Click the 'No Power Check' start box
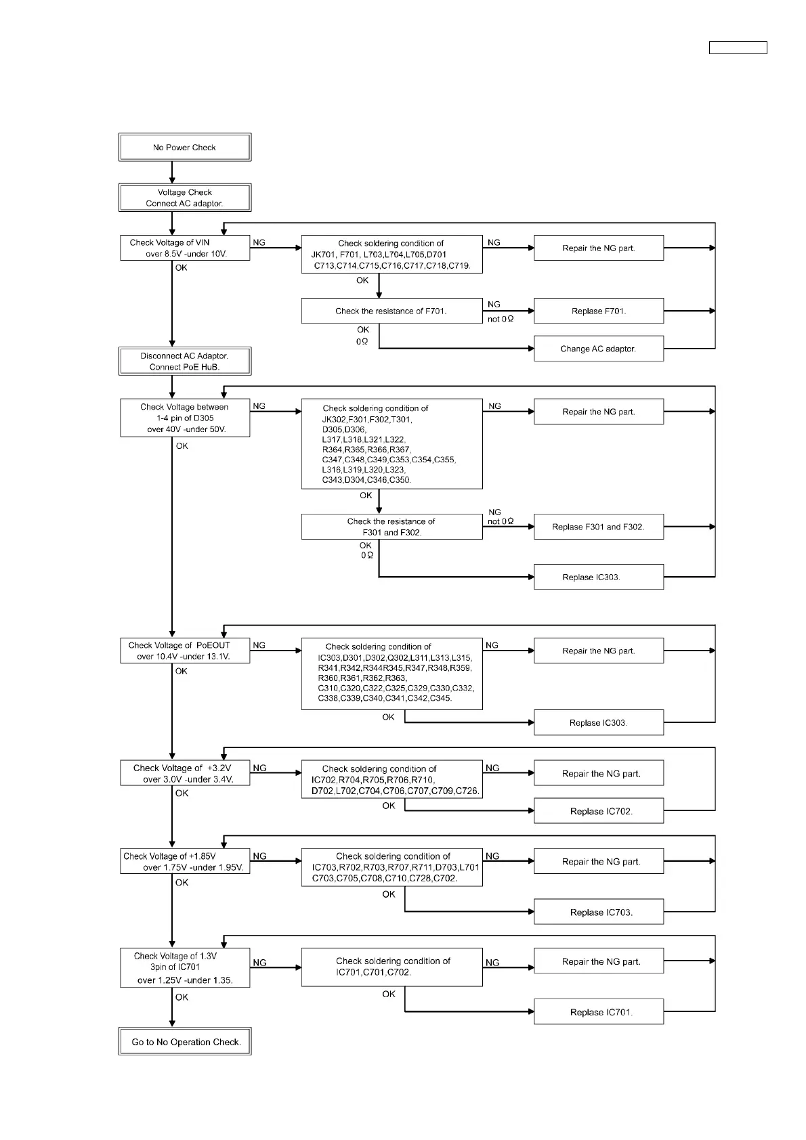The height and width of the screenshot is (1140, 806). (185, 147)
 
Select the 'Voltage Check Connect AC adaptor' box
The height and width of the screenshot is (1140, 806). (185, 198)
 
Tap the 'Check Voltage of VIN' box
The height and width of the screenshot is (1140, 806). (185, 248)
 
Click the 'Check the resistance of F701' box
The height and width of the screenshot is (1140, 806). (391, 311)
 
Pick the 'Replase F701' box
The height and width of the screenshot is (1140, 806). (598, 311)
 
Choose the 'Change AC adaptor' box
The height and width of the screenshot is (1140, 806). (598, 349)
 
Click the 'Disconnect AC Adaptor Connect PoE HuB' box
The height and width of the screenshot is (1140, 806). (185, 361)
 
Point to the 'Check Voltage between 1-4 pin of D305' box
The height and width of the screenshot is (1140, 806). (185, 418)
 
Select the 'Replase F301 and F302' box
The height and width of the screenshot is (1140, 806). (598, 527)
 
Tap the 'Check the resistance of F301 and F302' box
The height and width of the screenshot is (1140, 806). (391, 527)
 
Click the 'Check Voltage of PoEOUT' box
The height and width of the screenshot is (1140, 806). (185, 651)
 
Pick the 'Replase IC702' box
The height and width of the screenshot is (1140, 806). (598, 811)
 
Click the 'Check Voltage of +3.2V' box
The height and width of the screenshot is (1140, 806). (185, 773)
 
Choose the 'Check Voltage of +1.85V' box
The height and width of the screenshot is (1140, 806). (185, 861)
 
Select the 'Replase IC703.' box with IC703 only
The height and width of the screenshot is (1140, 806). (598, 912)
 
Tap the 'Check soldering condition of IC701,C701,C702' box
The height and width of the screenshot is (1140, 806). (391, 967)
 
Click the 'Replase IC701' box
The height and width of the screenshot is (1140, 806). (598, 1012)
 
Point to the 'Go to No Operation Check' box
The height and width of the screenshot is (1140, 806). (185, 1042)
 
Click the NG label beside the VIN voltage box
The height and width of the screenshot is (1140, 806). (259, 242)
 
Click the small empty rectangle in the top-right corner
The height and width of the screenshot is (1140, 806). (738, 47)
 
